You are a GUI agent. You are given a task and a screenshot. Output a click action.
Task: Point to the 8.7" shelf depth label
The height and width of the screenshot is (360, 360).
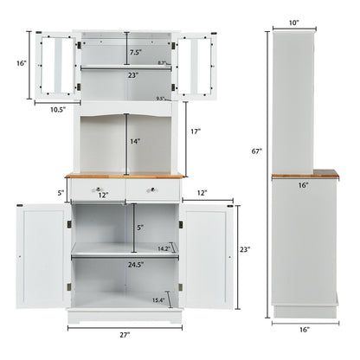(162, 64)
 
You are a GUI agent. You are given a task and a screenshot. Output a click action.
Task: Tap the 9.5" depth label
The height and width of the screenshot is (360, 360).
(160, 100)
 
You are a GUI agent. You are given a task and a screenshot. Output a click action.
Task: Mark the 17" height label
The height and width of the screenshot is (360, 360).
(196, 132)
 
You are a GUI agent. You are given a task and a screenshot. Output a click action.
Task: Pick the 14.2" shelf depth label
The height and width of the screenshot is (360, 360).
(164, 248)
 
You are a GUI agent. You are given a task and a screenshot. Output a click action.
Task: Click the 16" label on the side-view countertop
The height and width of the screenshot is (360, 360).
(304, 185)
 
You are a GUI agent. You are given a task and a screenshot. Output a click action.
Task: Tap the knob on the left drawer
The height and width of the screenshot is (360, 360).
(99, 190)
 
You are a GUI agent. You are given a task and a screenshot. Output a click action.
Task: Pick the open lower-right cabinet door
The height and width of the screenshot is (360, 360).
(209, 257)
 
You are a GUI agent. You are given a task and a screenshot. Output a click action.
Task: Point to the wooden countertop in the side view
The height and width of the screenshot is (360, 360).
(304, 176)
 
